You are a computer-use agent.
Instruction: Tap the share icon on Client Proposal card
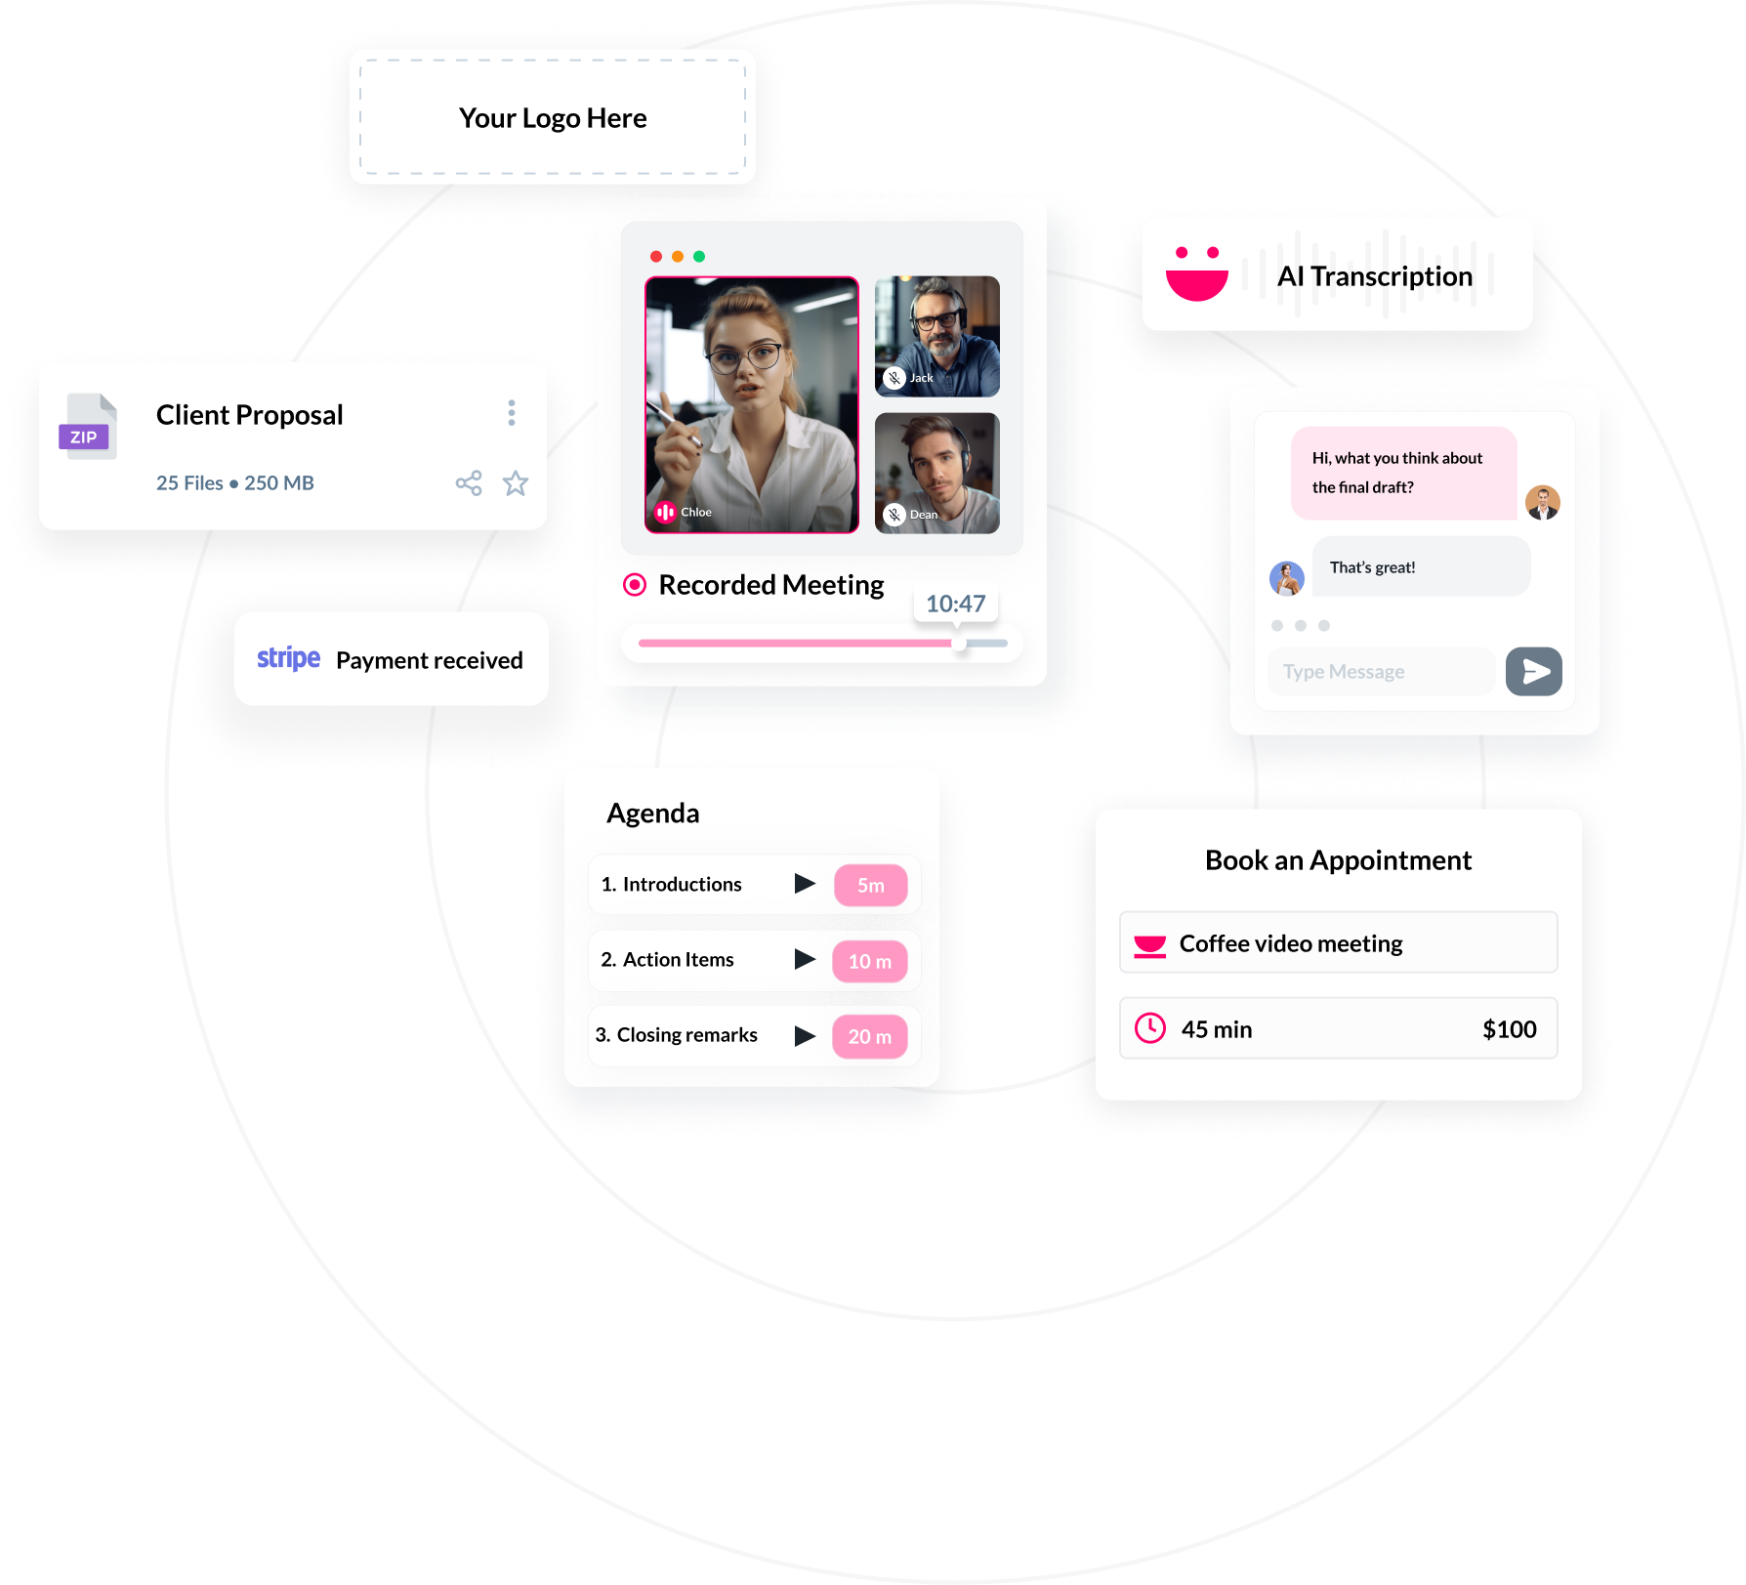[469, 482]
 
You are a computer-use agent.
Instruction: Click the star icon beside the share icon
[516, 482]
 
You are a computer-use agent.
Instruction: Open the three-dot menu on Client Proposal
[511, 413]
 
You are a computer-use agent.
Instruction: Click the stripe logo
[288, 659]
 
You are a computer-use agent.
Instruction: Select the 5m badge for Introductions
[870, 885]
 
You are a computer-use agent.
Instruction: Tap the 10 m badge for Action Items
[869, 961]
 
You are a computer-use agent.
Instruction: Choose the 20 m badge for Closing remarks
[869, 1036]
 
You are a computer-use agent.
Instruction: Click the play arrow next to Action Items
[805, 959]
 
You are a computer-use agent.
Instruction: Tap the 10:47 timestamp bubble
[955, 604]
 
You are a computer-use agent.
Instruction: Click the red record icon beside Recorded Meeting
[635, 585]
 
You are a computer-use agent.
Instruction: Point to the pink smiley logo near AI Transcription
[1197, 274]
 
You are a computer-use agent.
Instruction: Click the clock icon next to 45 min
[1150, 1028]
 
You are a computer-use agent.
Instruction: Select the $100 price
[1509, 1029]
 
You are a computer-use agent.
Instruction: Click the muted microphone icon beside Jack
[894, 378]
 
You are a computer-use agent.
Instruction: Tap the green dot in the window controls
[699, 257]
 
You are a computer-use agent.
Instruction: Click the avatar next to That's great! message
[1287, 577]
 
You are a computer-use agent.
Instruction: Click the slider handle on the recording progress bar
[960, 644]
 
